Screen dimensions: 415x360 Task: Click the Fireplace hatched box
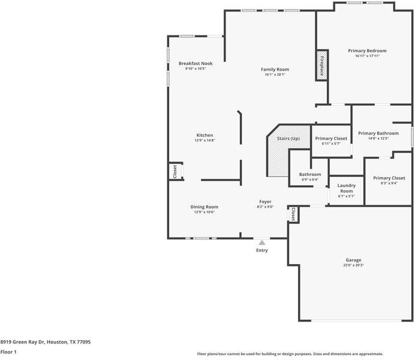tap(322, 65)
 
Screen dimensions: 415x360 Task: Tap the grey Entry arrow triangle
tap(261, 242)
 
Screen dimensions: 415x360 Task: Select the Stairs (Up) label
tap(288, 139)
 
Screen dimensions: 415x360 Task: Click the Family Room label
tap(275, 70)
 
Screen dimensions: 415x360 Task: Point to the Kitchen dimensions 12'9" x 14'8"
tap(205, 140)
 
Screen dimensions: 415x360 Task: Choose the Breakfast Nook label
tap(196, 64)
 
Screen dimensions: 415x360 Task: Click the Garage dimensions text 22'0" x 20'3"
tap(353, 265)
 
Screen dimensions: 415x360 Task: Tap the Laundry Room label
tap(347, 188)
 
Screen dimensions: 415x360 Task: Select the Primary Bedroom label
tap(367, 50)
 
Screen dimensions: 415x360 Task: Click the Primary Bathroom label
tap(378, 133)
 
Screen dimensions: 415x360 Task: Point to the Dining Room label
tap(205, 207)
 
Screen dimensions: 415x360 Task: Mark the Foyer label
tap(265, 202)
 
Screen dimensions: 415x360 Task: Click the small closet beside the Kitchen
tap(176, 172)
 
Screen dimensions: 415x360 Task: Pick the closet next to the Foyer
tap(293, 214)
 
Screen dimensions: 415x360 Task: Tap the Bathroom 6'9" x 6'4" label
tap(310, 176)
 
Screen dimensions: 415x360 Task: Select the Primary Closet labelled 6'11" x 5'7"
tap(331, 141)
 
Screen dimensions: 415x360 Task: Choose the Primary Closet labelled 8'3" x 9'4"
tap(389, 180)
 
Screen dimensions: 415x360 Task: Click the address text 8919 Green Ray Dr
tap(22, 342)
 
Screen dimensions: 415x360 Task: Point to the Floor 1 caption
tap(8, 352)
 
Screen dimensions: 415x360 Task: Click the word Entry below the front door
tap(261, 250)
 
